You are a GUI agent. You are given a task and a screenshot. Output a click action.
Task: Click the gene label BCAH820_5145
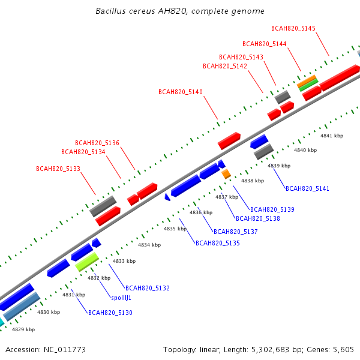coord(293,28)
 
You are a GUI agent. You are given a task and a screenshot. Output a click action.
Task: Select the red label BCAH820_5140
coord(181,92)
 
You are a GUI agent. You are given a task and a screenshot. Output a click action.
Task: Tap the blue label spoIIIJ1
coord(121,298)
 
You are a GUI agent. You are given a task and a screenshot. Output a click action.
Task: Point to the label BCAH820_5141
coord(307,188)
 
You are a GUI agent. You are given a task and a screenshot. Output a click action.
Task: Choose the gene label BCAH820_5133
coord(58,169)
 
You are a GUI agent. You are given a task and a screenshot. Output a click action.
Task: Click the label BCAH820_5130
coord(110,313)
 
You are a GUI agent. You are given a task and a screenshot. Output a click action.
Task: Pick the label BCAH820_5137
coord(236,232)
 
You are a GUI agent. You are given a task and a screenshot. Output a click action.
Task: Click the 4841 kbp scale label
coord(332,136)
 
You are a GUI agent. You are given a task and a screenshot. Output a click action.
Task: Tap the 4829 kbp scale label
coord(23,329)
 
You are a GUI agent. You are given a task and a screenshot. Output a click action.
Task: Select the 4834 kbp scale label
coord(149,245)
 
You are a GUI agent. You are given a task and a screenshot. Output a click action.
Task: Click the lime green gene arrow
coord(87,262)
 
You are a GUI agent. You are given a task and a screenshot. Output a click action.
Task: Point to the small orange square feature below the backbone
coord(226,174)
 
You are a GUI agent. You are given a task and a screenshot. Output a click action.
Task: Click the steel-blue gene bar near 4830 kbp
coord(22,306)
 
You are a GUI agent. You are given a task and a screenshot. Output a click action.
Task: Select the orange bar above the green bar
coord(307,81)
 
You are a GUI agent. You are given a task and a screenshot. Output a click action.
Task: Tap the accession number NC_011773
coord(65,350)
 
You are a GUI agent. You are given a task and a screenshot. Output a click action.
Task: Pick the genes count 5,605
coord(343,350)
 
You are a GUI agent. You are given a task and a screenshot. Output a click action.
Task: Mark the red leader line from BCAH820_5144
coord(295,59)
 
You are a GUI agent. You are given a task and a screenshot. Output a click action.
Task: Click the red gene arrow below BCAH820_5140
coord(229,141)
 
